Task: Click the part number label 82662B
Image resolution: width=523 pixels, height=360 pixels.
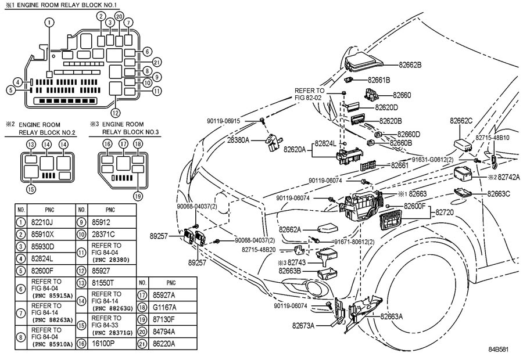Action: click(x=410, y=64)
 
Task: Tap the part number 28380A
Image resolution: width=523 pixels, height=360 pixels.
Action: click(x=238, y=141)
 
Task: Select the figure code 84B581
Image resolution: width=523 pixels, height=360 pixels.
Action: click(x=499, y=350)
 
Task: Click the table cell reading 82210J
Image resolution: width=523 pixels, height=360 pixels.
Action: click(x=42, y=222)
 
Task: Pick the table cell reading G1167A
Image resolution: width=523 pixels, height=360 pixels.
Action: click(x=164, y=307)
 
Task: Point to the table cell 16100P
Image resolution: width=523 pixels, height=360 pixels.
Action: click(x=103, y=343)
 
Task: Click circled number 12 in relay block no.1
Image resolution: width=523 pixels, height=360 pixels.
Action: click(x=116, y=113)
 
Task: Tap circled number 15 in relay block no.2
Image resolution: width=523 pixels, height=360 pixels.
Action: click(x=31, y=189)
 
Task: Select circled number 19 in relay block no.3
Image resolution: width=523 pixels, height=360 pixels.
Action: click(x=138, y=196)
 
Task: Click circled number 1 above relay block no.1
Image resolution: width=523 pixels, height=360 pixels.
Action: click(x=49, y=22)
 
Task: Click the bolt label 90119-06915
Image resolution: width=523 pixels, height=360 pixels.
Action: click(x=224, y=121)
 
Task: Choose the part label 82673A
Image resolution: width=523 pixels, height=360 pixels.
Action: click(x=303, y=325)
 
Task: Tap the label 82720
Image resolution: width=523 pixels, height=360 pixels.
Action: click(x=445, y=212)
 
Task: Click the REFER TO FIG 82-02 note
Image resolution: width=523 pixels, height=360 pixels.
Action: click(x=309, y=94)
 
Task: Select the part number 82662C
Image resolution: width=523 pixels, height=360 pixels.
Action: click(x=461, y=121)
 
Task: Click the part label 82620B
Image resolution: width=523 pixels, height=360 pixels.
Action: click(x=391, y=121)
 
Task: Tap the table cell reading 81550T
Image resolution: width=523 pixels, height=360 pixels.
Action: click(x=103, y=283)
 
